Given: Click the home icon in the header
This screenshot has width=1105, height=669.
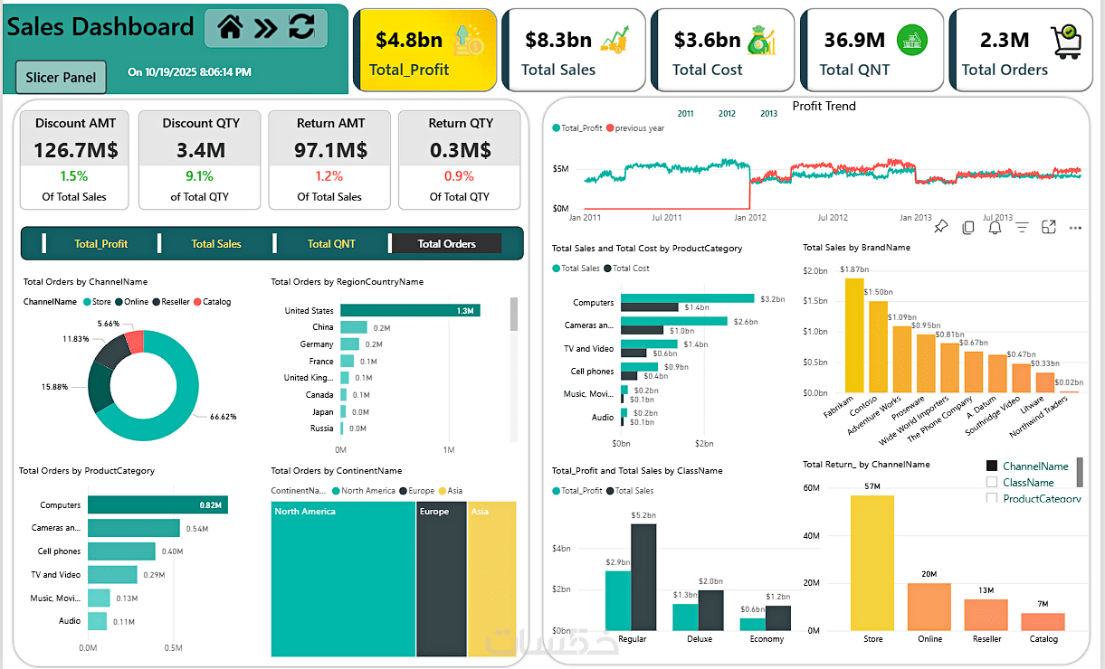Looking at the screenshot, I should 230,28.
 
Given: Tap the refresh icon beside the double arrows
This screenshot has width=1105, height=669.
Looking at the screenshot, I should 301,28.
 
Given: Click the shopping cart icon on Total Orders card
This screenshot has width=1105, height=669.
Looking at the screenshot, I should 1066,42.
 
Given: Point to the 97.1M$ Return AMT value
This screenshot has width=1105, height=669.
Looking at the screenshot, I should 329,150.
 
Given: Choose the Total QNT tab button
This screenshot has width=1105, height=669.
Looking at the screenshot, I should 331,243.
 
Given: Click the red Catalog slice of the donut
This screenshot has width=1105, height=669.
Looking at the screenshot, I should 135,342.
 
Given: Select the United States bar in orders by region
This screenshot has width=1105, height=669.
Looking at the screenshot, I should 410,310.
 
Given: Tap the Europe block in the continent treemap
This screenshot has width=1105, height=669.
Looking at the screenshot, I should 441,579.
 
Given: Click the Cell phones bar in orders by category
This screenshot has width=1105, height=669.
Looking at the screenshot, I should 121,551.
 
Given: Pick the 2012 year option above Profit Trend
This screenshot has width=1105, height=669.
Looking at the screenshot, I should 727,114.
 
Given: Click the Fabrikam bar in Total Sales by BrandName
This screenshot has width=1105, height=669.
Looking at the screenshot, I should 854,334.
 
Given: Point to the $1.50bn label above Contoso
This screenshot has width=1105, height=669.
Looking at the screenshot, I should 878,292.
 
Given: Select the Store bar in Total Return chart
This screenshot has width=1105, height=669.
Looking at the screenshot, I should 872,562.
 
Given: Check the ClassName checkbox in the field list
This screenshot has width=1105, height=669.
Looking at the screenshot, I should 992,483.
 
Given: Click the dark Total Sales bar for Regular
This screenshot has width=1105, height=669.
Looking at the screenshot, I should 643,577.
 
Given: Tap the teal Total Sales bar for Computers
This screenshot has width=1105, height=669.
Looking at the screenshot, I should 687,298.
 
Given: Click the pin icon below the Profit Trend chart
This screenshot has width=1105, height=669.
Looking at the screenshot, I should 941,227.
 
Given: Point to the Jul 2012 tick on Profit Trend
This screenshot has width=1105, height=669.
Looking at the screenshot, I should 833,218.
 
